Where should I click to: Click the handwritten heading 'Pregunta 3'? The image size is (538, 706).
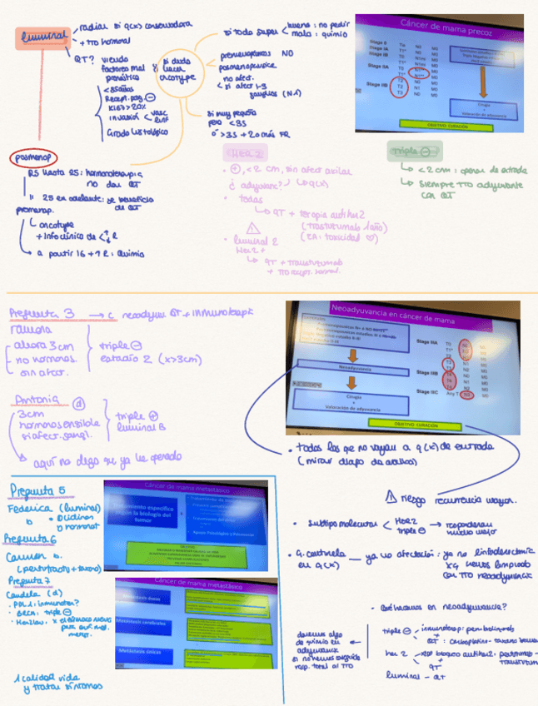pyautogui.click(x=43, y=313)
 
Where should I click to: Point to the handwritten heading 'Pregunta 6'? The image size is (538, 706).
pyautogui.click(x=30, y=538)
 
